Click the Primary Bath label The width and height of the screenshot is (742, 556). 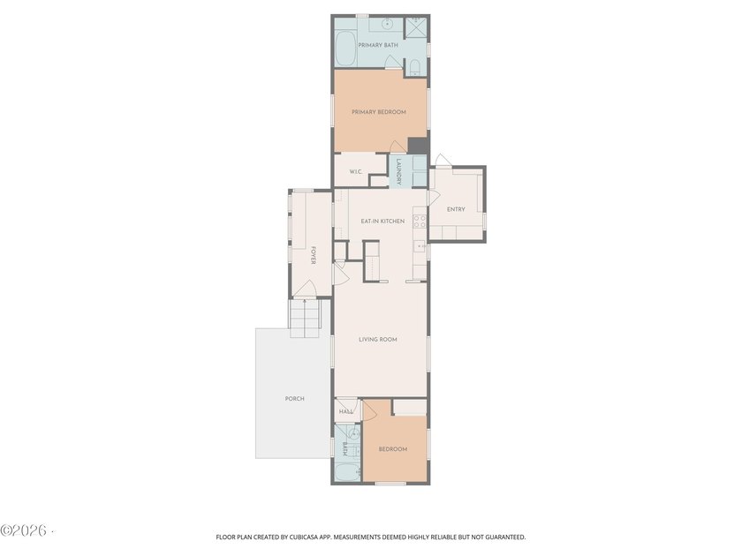point(378,45)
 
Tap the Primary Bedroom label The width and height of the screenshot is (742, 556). point(379,113)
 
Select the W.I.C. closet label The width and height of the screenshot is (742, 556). point(356,171)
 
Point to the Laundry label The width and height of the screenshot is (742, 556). point(399,171)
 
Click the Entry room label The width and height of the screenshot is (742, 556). point(456,209)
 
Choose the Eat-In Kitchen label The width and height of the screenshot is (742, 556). point(382,222)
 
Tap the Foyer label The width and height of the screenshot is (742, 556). point(314,255)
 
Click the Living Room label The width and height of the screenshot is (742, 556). point(378,340)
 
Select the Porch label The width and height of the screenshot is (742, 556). point(295,399)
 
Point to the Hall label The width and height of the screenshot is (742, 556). point(346,412)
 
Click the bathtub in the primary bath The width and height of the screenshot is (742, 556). point(346,49)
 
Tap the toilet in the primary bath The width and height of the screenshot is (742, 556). point(414,68)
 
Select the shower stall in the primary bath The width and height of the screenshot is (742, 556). point(416,27)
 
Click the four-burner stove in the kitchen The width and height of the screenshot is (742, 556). point(420,222)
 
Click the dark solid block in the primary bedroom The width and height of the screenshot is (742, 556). point(418,146)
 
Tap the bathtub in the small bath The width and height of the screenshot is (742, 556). point(347,472)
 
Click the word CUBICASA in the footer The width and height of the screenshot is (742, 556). point(309,537)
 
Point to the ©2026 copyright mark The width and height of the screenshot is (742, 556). point(24,530)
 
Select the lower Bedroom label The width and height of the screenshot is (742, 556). point(393,449)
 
